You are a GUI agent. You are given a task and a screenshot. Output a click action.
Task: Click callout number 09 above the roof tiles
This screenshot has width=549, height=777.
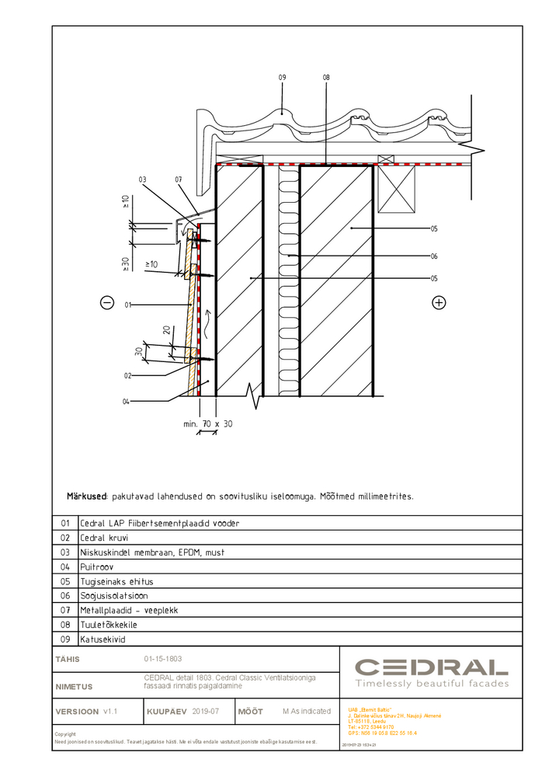283,78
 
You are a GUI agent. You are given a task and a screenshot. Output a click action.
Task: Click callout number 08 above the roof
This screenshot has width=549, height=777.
326,78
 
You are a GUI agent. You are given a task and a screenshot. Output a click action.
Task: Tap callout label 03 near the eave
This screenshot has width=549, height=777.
142,179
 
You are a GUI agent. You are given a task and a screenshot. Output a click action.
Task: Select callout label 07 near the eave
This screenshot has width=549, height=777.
178,179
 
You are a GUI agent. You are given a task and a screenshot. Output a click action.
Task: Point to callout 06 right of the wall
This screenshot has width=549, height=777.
433,256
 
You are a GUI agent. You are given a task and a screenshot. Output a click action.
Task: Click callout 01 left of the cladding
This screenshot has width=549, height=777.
129,305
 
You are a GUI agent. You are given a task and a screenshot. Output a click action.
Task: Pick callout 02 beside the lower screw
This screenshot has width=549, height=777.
127,376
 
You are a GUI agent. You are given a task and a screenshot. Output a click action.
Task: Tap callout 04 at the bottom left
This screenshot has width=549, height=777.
127,401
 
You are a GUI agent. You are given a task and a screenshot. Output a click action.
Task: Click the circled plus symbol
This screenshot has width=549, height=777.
440,302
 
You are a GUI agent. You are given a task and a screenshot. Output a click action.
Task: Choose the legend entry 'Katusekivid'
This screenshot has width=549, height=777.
103,639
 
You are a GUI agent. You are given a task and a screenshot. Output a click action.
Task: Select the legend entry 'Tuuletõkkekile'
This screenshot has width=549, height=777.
109,625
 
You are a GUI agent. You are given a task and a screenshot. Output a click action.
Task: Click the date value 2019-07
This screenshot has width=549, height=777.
206,711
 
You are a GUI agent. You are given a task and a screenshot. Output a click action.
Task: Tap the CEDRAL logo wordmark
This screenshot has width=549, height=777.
431,667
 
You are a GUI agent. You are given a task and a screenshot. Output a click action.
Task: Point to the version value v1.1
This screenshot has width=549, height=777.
110,711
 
